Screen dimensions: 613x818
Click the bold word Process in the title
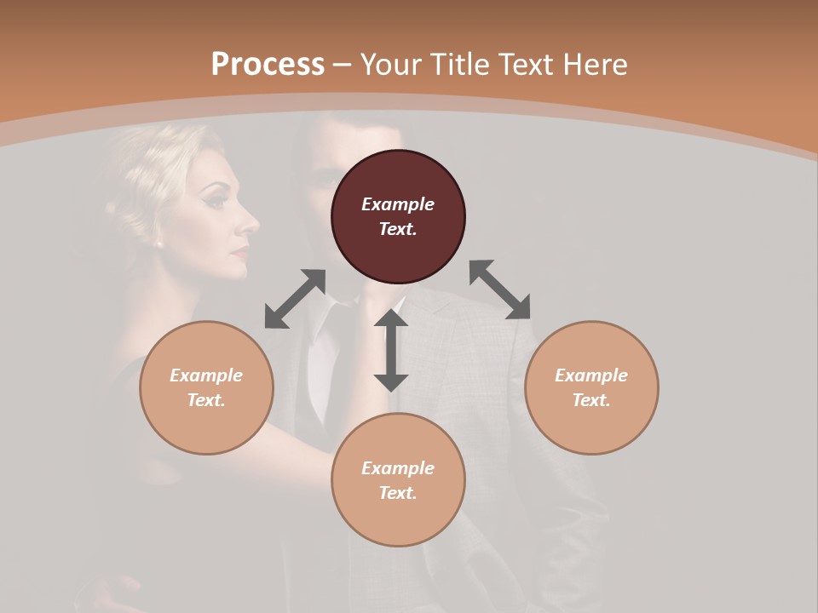click(x=268, y=65)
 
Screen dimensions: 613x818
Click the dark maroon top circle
click(x=398, y=216)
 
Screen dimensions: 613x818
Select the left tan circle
click(x=206, y=387)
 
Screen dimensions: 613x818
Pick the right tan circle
click(x=591, y=387)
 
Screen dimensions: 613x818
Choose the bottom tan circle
click(x=398, y=479)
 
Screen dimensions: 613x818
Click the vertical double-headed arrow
click(x=391, y=350)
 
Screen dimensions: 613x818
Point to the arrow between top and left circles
click(x=295, y=299)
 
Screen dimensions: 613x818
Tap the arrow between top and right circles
click(x=500, y=289)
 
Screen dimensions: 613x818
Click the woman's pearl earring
click(x=159, y=243)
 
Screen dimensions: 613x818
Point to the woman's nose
click(x=253, y=224)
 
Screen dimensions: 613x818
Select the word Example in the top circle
click(x=398, y=204)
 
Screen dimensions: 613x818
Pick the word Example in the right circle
click(x=591, y=375)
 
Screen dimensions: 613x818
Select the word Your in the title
click(x=387, y=65)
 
